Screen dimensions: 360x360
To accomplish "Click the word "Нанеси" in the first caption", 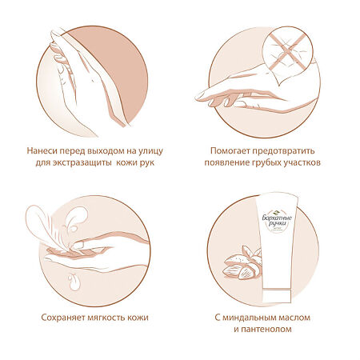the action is click(x=42, y=151).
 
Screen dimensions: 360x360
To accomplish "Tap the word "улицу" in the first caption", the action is click(x=150, y=151).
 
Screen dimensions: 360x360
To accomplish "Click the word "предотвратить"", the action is click(x=283, y=151).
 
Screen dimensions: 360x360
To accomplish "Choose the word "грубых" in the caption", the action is click(x=267, y=163).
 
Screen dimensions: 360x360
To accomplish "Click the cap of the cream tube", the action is click(x=277, y=296).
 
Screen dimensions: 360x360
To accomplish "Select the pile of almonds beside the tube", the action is click(x=242, y=262).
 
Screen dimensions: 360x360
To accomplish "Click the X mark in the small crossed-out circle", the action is click(x=287, y=51).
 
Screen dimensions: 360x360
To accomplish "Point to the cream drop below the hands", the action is click(x=74, y=282).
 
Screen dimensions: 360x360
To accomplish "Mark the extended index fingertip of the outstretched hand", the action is click(x=198, y=97).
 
